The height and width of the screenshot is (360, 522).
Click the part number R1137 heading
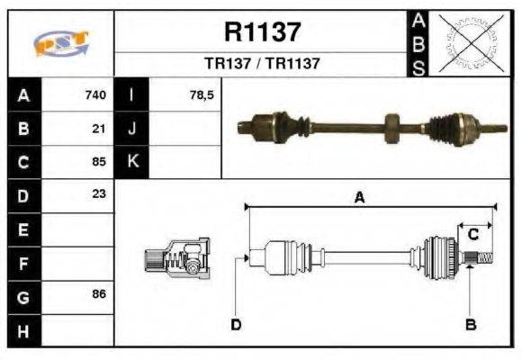[x=262, y=33]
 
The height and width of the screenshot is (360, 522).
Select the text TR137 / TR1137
[x=262, y=64]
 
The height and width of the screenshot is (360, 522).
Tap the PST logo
[x=60, y=43]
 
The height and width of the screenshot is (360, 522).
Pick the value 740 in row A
[x=95, y=95]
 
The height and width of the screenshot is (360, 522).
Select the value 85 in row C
[x=100, y=162]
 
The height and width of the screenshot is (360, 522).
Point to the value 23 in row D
[x=100, y=194]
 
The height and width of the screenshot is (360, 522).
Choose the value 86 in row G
[x=100, y=294]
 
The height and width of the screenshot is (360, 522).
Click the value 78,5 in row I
[x=202, y=95]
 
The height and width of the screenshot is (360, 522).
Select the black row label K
[x=132, y=162]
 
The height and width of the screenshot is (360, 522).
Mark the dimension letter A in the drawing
[x=358, y=199]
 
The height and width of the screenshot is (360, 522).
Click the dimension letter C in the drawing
[x=472, y=234]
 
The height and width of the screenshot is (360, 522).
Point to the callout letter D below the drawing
[x=236, y=324]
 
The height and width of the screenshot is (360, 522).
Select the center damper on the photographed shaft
[x=391, y=126]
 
